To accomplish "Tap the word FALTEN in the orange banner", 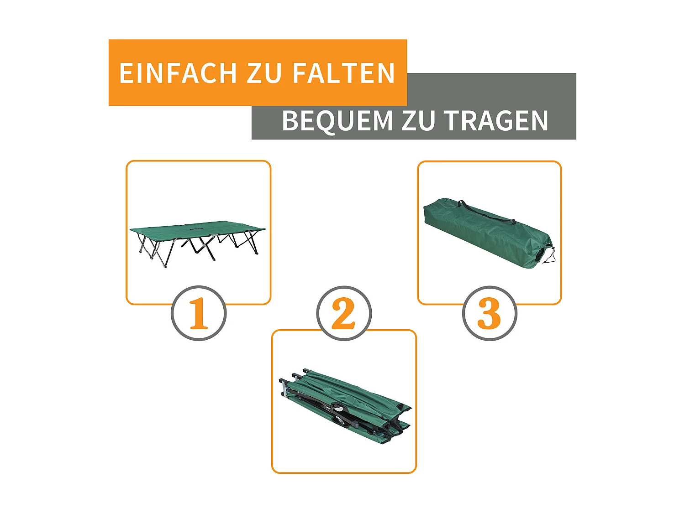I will coord(343,73).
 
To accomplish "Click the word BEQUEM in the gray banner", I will coord(337,121).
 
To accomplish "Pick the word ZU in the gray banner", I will coord(417,121).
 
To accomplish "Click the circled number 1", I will coord(199,313).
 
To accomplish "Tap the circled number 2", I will coord(344,313).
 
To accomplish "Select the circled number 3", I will coord(489,313).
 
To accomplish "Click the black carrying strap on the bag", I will coord(486,212).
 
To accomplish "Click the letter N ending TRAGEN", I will coord(540,121).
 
